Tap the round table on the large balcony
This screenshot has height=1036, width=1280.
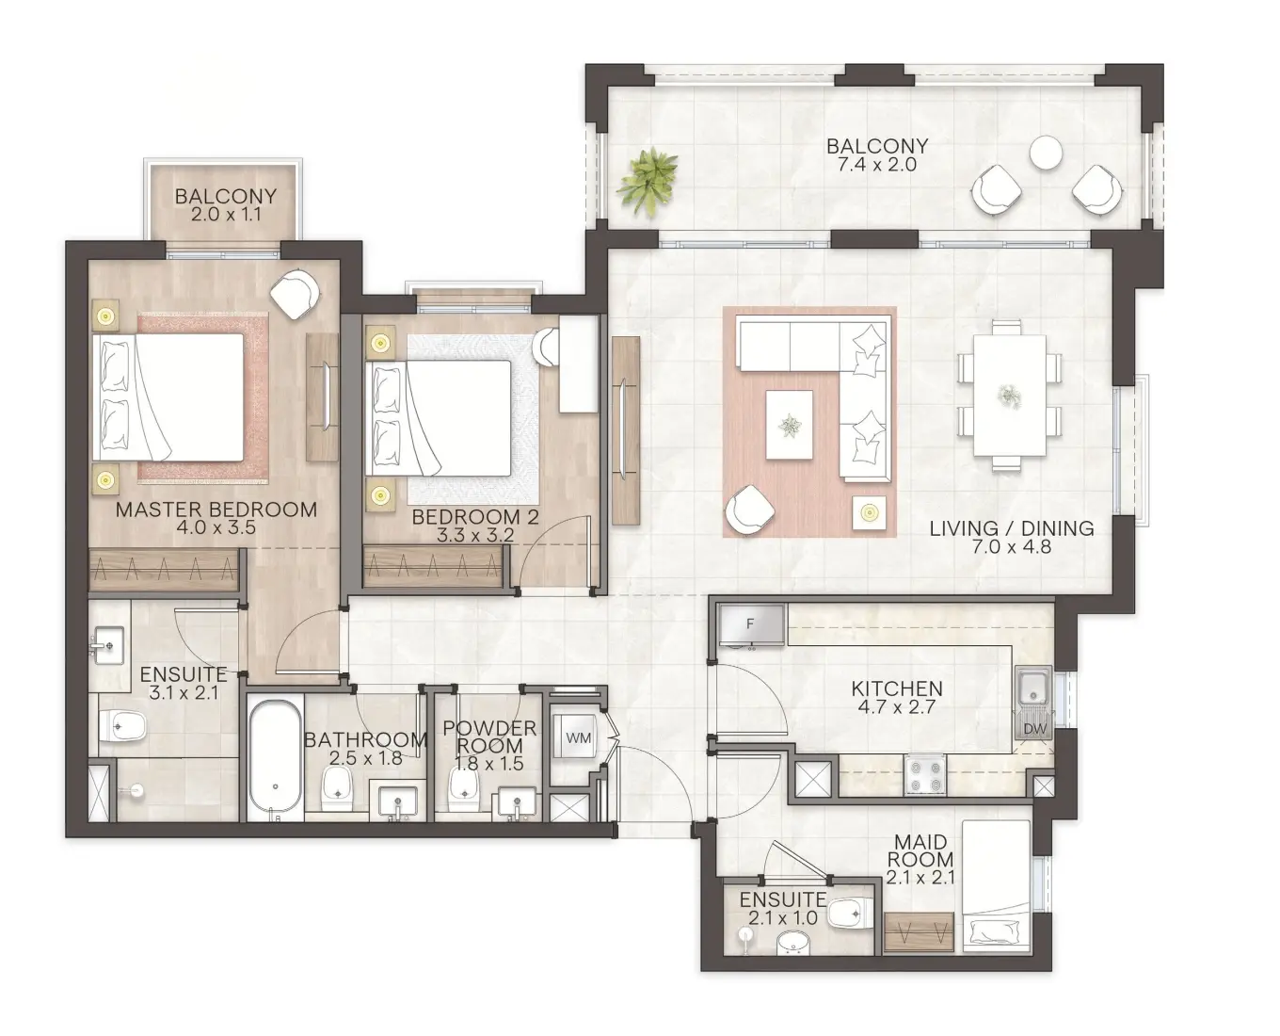pyautogui.click(x=1046, y=152)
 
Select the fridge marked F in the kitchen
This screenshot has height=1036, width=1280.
pyautogui.click(x=750, y=624)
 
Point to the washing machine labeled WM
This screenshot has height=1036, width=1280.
pyautogui.click(x=578, y=738)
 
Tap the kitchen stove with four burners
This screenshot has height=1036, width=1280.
pyautogui.click(x=924, y=775)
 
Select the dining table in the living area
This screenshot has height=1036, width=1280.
pyautogui.click(x=1009, y=395)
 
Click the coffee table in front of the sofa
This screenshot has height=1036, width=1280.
pyautogui.click(x=789, y=425)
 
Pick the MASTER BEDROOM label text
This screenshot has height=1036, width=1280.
pyautogui.click(x=216, y=510)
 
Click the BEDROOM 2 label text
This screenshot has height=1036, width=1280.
pyautogui.click(x=474, y=517)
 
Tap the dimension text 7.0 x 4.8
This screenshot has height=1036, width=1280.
pyautogui.click(x=1011, y=546)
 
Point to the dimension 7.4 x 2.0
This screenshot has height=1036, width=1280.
pyautogui.click(x=876, y=165)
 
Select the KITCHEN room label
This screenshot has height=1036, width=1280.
pyautogui.click(x=896, y=688)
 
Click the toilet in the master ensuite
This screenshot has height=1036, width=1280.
pyautogui.click(x=123, y=726)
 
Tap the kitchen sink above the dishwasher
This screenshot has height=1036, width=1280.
pyautogui.click(x=1032, y=688)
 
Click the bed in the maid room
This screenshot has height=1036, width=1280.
pyautogui.click(x=996, y=882)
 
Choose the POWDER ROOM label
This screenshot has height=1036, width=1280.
pyautogui.click(x=489, y=737)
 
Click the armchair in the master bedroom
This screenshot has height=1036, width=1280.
pyautogui.click(x=296, y=293)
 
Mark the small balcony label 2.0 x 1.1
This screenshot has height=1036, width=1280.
pyautogui.click(x=226, y=215)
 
